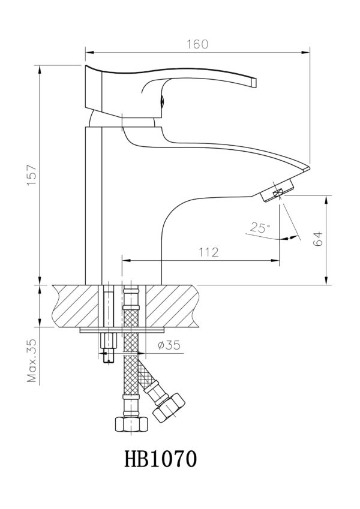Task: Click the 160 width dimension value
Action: [197, 44]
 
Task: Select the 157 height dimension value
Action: [32, 175]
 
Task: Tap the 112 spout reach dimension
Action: [209, 252]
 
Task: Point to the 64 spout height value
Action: [319, 239]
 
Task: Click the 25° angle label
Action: [260, 228]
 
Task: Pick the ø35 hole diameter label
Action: [169, 345]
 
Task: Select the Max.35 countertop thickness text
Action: [32, 361]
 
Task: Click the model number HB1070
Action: [161, 459]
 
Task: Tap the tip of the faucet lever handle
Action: [254, 83]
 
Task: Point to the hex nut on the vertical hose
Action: [131, 424]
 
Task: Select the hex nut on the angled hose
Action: [169, 408]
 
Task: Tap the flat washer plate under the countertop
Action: [123, 330]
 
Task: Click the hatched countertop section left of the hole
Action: [76, 306]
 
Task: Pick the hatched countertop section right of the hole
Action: [171, 306]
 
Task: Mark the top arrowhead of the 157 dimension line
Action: [40, 69]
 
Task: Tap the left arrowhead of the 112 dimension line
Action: [126, 260]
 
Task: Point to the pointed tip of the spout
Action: [310, 168]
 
